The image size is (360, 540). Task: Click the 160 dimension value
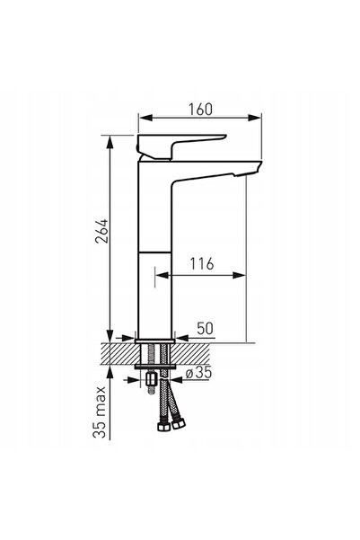tap(200, 110)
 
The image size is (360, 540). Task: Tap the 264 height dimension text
tap(101, 231)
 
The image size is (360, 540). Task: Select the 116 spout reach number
tap(202, 264)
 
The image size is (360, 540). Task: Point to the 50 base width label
tap(205, 328)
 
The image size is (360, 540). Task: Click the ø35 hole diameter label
tap(198, 373)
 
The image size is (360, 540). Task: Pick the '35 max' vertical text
tap(100, 412)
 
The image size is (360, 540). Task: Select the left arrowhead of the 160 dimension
tap(145, 118)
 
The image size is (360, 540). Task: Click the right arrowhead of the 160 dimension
tap(255, 118)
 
